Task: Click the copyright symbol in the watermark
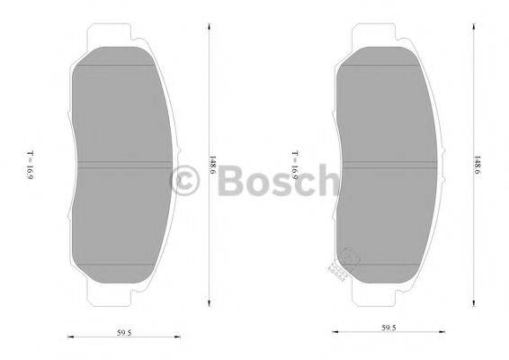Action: (x=184, y=180)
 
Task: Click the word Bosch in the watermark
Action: (x=279, y=180)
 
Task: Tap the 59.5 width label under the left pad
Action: (x=124, y=333)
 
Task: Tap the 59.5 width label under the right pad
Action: (x=388, y=328)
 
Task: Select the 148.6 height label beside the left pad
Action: (x=213, y=166)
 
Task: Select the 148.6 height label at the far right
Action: (x=478, y=166)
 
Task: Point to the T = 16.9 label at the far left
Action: (x=30, y=165)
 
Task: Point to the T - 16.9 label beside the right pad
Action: (x=294, y=165)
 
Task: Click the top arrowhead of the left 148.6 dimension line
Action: (x=209, y=27)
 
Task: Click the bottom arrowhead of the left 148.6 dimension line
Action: (x=209, y=303)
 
